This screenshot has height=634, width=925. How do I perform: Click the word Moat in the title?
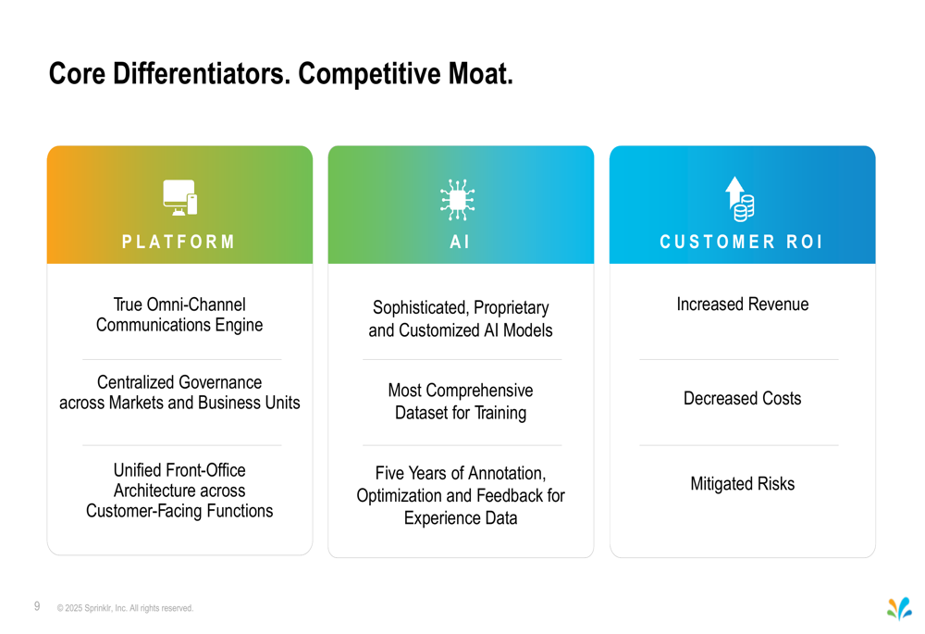480,74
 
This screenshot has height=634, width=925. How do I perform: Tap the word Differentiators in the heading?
202,74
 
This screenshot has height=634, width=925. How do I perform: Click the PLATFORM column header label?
179,242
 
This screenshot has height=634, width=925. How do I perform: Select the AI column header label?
460,242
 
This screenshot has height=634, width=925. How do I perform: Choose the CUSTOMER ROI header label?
741,242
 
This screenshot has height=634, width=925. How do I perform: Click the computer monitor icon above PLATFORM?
180,198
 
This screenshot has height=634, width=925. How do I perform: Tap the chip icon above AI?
457,200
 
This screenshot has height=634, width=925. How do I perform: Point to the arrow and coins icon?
740,199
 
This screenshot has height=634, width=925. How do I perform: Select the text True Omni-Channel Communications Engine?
179,315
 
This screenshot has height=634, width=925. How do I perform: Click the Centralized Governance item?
179,392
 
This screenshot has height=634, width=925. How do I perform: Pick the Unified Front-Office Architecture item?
179,490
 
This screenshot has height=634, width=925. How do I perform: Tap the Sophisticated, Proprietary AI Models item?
461,318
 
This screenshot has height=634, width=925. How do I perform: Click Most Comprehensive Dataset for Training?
461,402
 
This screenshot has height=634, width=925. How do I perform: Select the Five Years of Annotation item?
461,495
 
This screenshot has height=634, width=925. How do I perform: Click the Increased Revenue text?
743,304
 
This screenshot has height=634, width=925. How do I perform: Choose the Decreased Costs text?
743,399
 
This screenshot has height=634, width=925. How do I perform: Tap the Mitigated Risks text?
743,484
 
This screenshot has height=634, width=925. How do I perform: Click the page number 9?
37,606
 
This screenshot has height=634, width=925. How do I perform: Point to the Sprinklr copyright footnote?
125,608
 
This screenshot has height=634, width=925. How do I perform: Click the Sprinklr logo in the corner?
899,609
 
